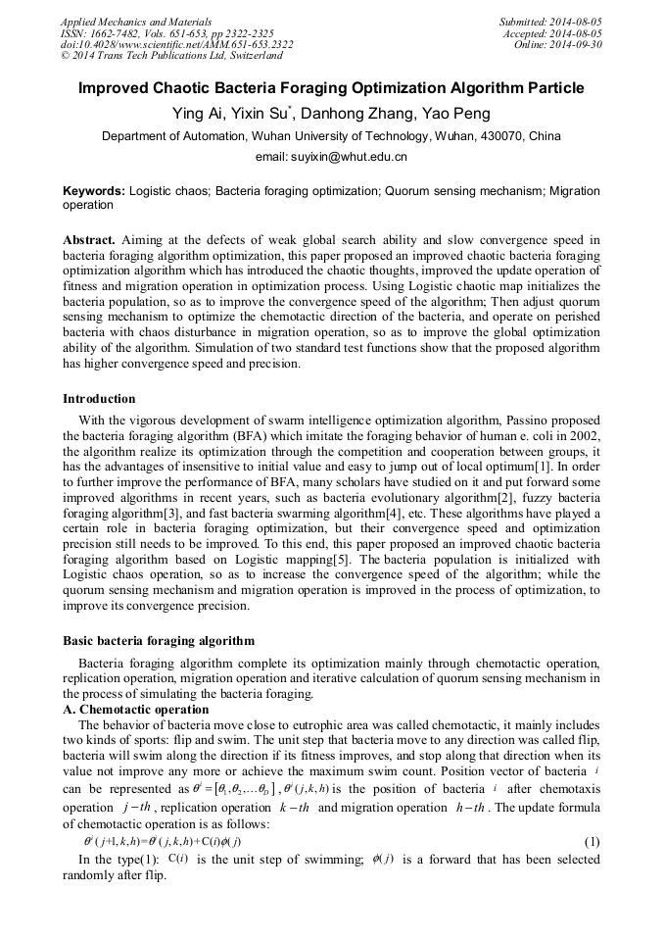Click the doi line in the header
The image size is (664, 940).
pos(176,45)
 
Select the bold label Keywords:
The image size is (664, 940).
pos(94,191)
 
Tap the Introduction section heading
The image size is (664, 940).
pos(99,399)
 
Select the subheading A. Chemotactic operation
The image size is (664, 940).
pos(136,709)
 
